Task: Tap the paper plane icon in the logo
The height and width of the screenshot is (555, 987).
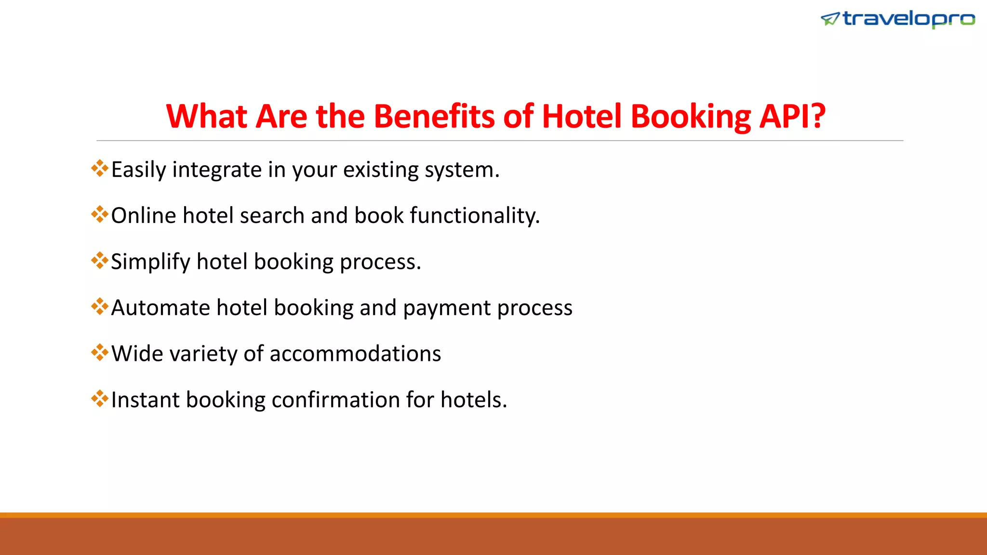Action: [830, 19]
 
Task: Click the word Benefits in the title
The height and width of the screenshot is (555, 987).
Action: [434, 117]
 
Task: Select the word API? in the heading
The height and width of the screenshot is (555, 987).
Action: [792, 117]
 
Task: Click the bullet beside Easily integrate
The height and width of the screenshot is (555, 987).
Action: [100, 168]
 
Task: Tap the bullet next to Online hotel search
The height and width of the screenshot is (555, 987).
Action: [100, 214]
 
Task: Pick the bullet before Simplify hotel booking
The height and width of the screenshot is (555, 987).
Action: [100, 260]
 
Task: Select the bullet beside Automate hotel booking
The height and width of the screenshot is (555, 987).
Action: [100, 306]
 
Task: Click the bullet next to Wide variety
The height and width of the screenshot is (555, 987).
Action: [100, 352]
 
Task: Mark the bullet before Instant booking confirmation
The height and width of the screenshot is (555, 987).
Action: [100, 398]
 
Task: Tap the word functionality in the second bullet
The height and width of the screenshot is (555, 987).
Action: [474, 216]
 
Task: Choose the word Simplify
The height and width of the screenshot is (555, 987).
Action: [150, 262]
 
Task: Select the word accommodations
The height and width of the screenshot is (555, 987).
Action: [355, 354]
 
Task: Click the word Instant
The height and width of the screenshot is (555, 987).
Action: [145, 400]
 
